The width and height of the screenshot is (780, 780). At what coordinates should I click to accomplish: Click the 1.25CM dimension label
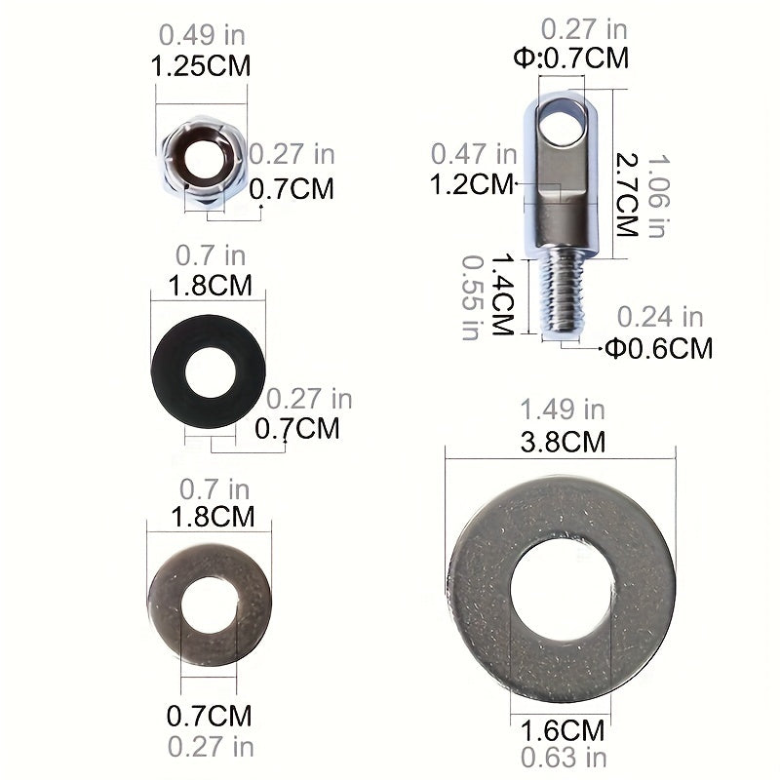point(201,66)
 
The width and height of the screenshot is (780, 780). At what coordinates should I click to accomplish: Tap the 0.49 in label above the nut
point(202,35)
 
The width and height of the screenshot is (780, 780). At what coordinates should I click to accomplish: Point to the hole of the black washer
point(210,372)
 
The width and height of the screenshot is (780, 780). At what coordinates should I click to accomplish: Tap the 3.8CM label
point(563,442)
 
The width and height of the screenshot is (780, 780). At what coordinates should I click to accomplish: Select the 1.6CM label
point(563,730)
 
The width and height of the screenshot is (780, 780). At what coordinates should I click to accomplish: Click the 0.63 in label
point(564,758)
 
